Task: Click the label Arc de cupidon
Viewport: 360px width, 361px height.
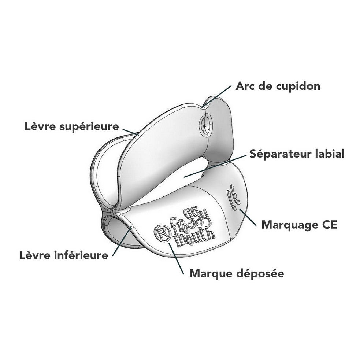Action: pos(278,86)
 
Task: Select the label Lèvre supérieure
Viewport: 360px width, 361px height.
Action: pos(72,126)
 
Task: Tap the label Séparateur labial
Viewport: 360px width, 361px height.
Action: pos(297,154)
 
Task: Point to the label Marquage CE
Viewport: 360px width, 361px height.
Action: pos(299,225)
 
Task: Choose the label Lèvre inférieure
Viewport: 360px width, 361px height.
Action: pos(64,255)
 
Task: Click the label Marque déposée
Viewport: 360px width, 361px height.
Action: pos(237,273)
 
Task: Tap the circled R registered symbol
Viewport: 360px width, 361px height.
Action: pos(162,233)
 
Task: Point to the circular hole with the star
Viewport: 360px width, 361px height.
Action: pos(205,125)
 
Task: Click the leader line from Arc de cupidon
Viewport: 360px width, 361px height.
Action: pos(217,96)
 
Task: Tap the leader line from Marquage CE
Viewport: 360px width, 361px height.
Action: pos(248,217)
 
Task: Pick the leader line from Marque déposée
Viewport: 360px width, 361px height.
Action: pos(176,258)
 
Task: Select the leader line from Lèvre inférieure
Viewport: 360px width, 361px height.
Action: pos(122,241)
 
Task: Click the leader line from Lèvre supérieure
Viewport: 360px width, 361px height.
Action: pos(131,132)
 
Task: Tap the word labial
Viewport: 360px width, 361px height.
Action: pos(330,154)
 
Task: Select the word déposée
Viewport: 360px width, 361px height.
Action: pos(260,273)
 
